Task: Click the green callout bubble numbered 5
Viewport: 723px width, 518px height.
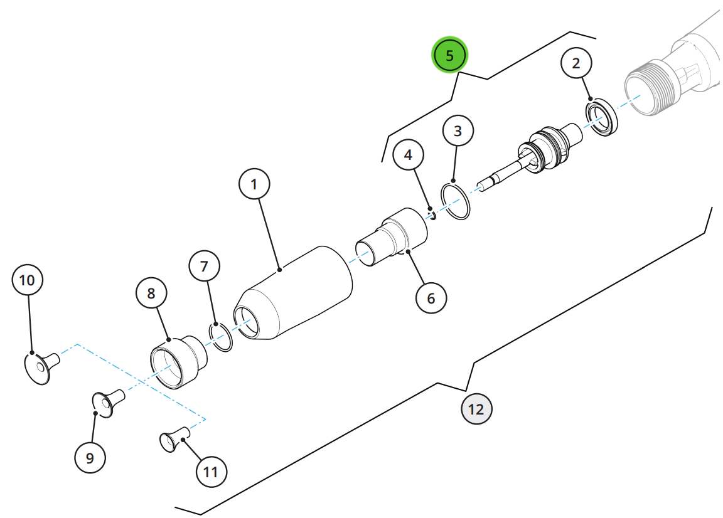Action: coord(449,55)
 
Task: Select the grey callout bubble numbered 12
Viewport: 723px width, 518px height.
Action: coord(476,409)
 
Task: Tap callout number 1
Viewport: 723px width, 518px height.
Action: coord(254,184)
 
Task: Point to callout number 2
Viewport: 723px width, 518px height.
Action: coord(576,63)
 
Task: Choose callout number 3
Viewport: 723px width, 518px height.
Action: coord(458,131)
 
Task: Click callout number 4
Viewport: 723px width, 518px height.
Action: coord(408,155)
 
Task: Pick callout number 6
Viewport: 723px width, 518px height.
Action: coord(431,298)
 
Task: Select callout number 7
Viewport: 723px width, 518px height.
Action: coord(204,266)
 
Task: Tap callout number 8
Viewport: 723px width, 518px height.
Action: coord(151,293)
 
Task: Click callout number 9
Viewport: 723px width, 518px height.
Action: coord(90,458)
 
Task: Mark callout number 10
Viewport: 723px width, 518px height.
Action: coord(27,280)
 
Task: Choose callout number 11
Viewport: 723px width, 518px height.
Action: coord(211,472)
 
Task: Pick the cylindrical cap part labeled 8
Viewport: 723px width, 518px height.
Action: coord(179,362)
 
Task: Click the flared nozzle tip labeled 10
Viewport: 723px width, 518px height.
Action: coord(41,367)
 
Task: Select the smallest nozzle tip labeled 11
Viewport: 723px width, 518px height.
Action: coord(174,439)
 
